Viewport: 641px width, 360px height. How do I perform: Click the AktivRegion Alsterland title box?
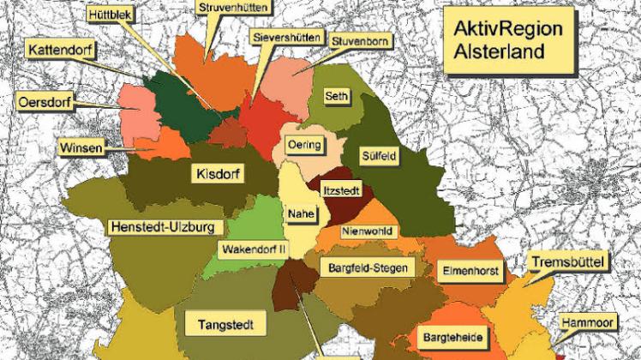(509, 40)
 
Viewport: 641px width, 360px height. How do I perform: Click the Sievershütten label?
(287, 38)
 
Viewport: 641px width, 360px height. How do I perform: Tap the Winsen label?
(81, 148)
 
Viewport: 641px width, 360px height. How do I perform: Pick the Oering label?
(304, 144)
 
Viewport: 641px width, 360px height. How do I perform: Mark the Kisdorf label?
(216, 174)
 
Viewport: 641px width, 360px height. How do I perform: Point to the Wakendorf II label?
(255, 249)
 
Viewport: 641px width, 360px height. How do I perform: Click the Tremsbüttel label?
(569, 261)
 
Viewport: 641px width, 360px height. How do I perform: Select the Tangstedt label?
(231, 325)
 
